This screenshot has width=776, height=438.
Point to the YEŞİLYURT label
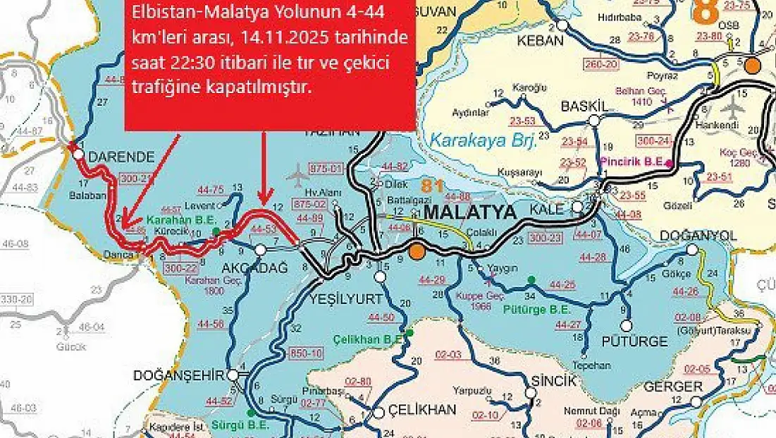pos(346,298)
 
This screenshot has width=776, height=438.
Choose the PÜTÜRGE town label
pos(634,341)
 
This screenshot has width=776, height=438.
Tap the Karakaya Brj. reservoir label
pos(484,140)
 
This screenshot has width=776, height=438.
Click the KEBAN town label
pos(540,41)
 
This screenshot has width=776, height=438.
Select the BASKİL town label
pos(584,106)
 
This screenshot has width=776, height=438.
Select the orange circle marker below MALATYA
pos(417,250)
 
